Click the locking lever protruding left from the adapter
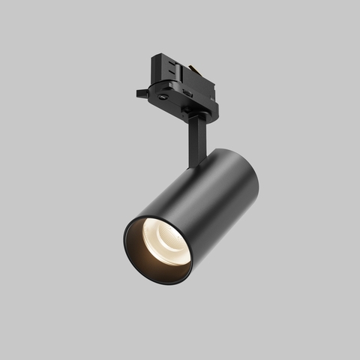pos(143,94)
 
